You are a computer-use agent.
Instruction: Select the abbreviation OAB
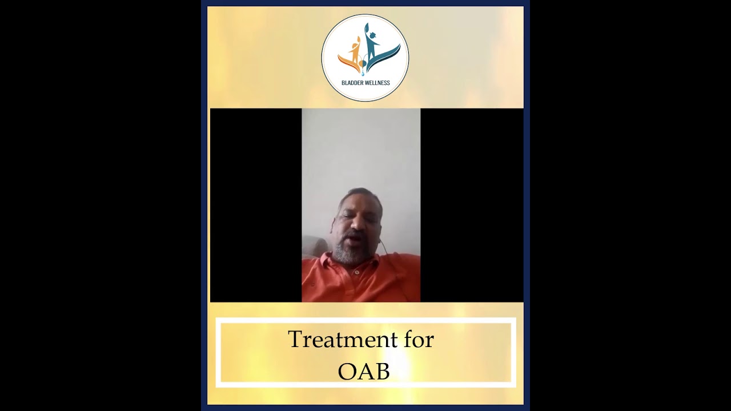point(364,372)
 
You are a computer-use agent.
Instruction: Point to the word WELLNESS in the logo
point(377,83)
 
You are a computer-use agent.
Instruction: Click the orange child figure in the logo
point(355,50)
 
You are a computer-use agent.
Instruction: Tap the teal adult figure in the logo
point(371,46)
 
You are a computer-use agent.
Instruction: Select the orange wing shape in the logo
point(345,61)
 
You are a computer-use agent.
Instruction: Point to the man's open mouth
point(355,236)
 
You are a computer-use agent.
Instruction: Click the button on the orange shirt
point(356,273)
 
